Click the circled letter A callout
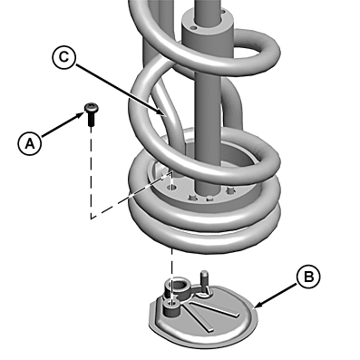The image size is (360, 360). coord(30,143)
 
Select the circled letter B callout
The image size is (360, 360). coord(308,277)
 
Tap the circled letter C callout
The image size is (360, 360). coord(64,57)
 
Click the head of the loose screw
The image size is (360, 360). coord(91,108)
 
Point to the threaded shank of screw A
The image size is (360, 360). coord(91,119)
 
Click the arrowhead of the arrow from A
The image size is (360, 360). coord(81,114)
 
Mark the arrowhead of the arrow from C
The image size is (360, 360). coord(162,113)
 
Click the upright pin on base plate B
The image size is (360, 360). coord(204,277)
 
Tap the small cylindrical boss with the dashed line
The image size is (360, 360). coord(171,307)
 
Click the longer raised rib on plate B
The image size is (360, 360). coord(215,308)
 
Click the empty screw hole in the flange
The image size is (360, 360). coord(172,188)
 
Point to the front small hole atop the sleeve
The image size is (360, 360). coord(194,28)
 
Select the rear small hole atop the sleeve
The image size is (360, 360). coord(223,12)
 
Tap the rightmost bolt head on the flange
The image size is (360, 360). coord(231,190)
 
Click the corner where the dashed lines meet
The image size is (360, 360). coord(91,218)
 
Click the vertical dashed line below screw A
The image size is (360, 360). coord(91,172)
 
